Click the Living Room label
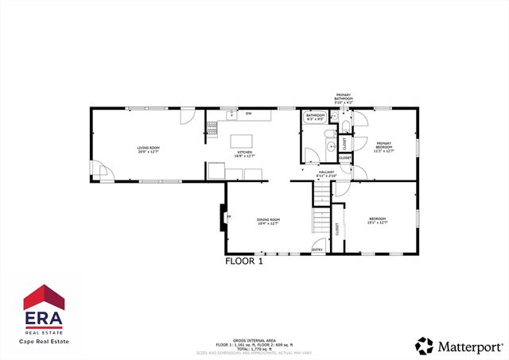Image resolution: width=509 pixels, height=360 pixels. point(149,149)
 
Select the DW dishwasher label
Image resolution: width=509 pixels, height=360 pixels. point(249,114)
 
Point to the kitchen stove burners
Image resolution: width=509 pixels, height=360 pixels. point(212,126)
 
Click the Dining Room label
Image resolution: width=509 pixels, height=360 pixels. point(268,222)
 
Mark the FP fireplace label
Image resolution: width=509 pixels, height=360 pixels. point(229,216)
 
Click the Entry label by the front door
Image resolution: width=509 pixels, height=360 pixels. point(317,250)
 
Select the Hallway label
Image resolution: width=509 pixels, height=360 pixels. point(326,174)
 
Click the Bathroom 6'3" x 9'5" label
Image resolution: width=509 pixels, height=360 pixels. point(316,117)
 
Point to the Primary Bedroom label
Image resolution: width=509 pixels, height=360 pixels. point(384,148)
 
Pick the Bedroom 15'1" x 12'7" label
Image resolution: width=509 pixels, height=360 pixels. point(377,221)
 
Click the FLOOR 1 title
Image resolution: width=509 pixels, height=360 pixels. point(244,261)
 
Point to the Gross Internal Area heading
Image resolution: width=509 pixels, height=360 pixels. point(254,339)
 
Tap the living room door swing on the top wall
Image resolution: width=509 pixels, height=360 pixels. point(187,117)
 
